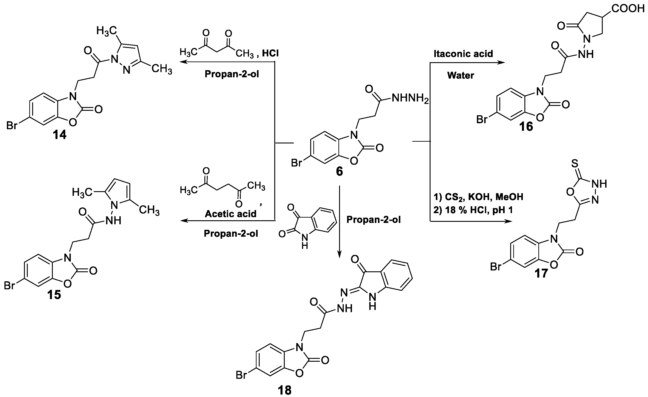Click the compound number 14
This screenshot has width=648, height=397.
pyautogui.click(x=59, y=135)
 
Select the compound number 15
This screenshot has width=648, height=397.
pyautogui.click(x=54, y=295)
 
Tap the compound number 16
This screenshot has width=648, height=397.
pyautogui.click(x=526, y=127)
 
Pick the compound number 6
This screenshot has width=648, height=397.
pyautogui.click(x=339, y=172)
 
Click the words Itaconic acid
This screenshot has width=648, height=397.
pyautogui.click(x=463, y=54)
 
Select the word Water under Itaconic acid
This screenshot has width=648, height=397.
pyautogui.click(x=460, y=75)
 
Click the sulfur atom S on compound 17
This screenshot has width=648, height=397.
pyautogui.click(x=575, y=164)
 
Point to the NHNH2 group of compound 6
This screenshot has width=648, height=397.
pyautogui.click(x=410, y=99)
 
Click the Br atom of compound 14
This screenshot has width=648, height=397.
pyautogui.click(x=12, y=125)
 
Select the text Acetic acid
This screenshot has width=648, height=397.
pyautogui.click(x=230, y=214)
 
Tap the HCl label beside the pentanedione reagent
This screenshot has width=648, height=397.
pyautogui.click(x=270, y=54)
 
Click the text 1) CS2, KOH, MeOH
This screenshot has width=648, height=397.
pyautogui.click(x=478, y=197)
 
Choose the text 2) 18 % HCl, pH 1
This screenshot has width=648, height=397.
pyautogui.click(x=473, y=210)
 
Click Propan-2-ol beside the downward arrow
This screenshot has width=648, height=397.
pyautogui.click(x=373, y=220)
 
